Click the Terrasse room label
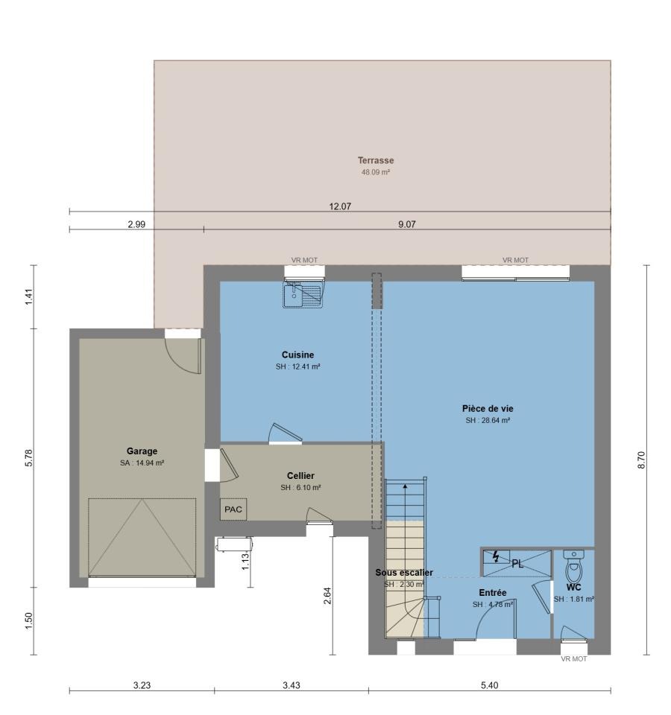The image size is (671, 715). pos(375,161)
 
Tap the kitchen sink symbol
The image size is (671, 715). pos(303,294)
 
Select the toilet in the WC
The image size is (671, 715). pos(574,566)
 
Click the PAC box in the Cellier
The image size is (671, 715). pos(233,509)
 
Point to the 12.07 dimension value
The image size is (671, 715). pos(340,206)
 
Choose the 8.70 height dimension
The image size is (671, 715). pos(641,460)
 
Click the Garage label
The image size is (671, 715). pos(142,451)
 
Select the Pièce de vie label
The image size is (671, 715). pos(488,409)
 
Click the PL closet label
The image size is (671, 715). pos(517,564)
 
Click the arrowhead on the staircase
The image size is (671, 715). pos(406,486)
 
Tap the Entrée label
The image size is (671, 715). pos(493,593)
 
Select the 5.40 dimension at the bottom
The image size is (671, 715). pos(489,685)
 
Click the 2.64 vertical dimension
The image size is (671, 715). pos(327,596)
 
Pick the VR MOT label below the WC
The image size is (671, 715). pos(574,659)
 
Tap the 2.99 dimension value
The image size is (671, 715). pos(136,224)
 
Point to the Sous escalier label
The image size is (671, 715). pos(404,572)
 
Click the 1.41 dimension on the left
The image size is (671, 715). pos(29,297)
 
